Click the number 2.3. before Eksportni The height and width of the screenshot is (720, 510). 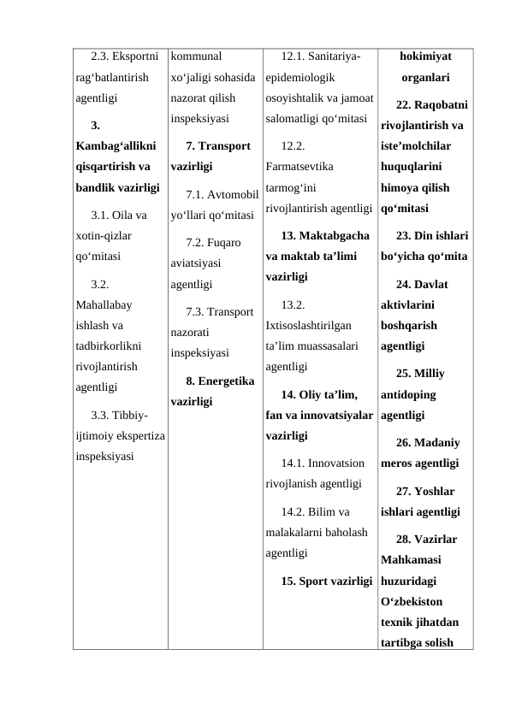point(103,58)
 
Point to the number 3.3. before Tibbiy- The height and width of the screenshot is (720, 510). point(103,416)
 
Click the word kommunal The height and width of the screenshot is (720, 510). point(196,58)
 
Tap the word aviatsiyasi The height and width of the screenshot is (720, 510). point(199,264)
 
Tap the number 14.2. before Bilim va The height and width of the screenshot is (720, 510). point(294,512)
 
